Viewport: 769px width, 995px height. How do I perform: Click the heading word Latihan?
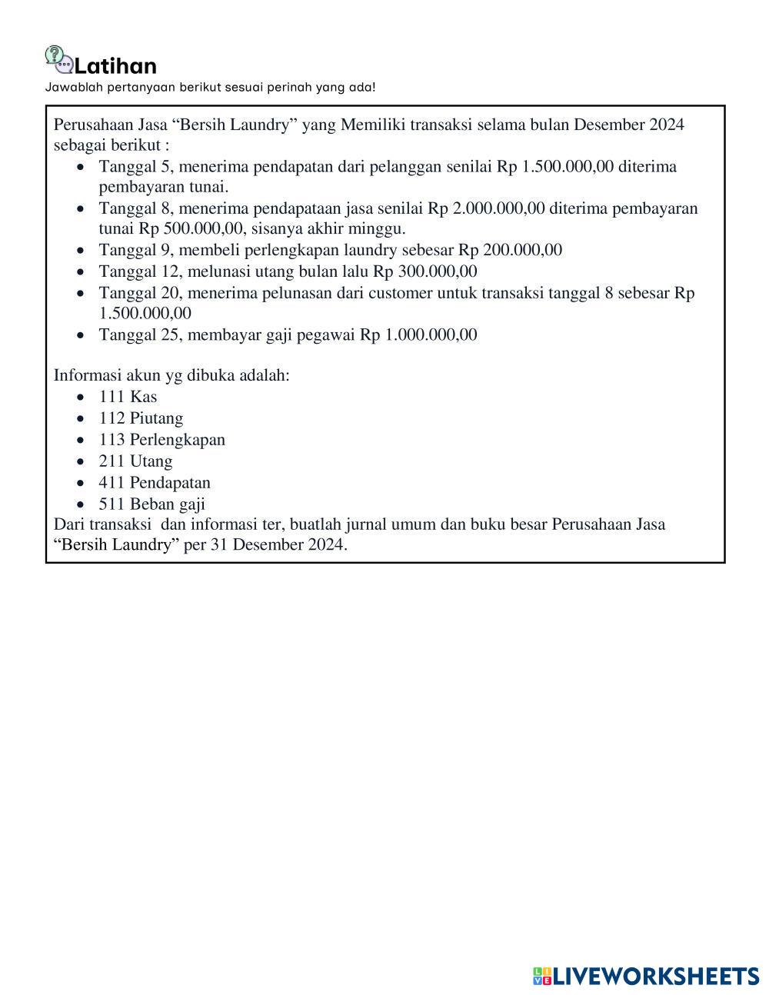pyautogui.click(x=116, y=65)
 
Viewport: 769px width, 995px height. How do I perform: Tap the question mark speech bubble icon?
pyautogui.click(x=55, y=56)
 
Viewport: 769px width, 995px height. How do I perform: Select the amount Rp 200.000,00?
pyautogui.click(x=510, y=250)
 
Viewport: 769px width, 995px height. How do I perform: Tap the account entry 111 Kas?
pyautogui.click(x=128, y=397)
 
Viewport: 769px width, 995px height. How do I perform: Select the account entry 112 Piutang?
pyautogui.click(x=141, y=418)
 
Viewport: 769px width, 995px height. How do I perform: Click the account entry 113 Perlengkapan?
pyautogui.click(x=161, y=440)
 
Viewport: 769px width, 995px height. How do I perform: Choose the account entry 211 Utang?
pyautogui.click(x=135, y=461)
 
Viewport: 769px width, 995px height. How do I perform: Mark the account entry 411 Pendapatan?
pyautogui.click(x=155, y=483)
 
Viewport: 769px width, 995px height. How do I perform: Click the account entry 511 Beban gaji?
pyautogui.click(x=151, y=504)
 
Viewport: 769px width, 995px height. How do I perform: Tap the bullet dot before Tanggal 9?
pyautogui.click(x=81, y=251)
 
